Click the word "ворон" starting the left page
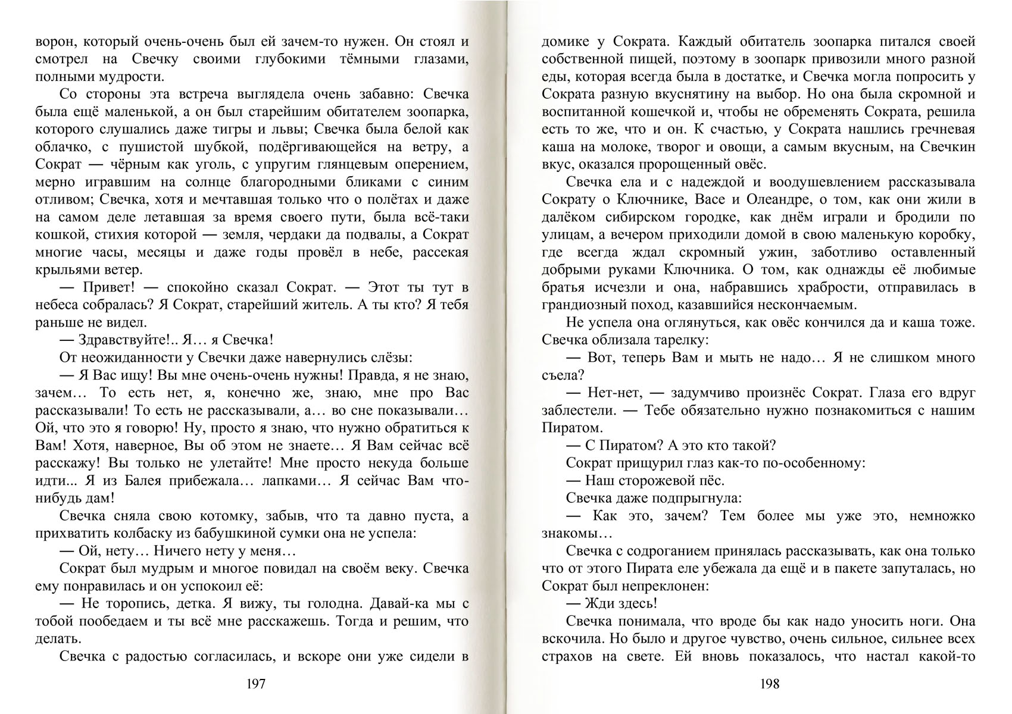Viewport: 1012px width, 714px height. coord(54,42)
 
